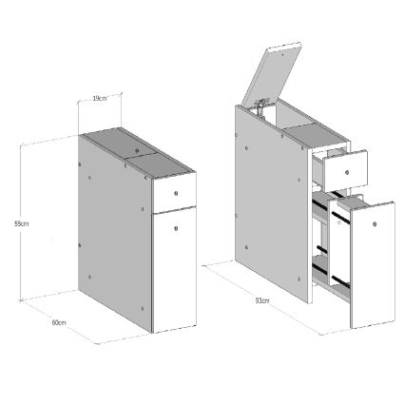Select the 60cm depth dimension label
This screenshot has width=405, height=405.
59,322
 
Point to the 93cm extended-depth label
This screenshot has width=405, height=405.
260,301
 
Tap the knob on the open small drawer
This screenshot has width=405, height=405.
349,172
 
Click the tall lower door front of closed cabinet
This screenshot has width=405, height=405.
175,271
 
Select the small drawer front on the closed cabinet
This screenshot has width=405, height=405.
174,193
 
